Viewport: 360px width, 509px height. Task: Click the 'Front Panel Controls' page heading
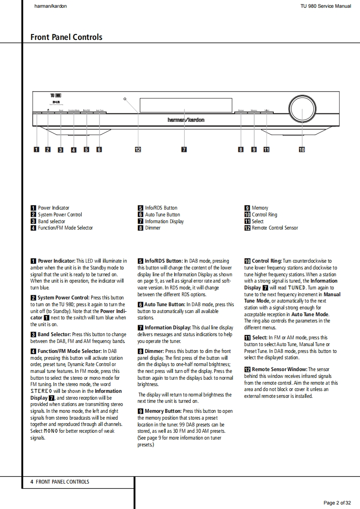click(66, 37)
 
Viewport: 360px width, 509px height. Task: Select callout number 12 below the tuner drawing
click(138, 150)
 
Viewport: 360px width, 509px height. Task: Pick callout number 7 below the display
click(184, 150)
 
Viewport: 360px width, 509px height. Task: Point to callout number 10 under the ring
click(301, 150)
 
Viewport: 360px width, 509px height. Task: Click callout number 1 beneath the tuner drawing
click(36, 150)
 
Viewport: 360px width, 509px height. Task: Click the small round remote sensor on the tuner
click(124, 98)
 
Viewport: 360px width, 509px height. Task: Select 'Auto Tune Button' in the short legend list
click(162, 215)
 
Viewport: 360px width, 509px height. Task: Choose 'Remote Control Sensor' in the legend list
click(275, 228)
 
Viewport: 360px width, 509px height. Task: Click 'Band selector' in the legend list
click(51, 221)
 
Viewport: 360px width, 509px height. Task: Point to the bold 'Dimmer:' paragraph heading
click(154, 351)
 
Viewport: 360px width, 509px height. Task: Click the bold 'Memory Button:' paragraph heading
click(163, 411)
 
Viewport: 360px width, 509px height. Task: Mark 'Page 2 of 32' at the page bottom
click(337, 503)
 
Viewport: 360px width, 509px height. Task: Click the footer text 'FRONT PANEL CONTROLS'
click(62, 482)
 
